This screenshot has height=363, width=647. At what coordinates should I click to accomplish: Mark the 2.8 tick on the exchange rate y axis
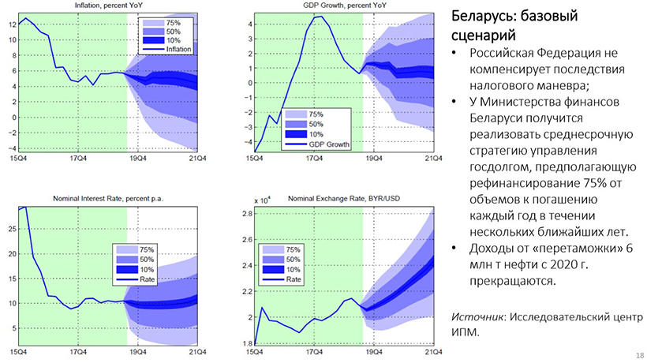pos(245,214)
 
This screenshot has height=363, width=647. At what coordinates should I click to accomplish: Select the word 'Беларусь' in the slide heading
pos(483,17)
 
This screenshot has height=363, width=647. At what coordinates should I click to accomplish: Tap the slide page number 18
pos(638,356)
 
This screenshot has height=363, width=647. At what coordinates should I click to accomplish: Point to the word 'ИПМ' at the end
pos(466,332)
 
